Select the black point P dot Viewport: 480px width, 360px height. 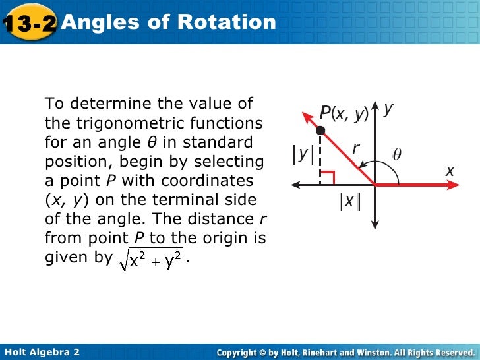(320, 131)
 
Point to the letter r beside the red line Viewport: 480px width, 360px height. (355, 149)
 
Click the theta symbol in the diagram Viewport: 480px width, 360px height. (397, 155)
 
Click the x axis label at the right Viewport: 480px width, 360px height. (450, 171)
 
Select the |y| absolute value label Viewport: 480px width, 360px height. (302, 154)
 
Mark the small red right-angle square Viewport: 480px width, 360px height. (330, 177)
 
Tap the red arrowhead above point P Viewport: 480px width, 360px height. (307, 119)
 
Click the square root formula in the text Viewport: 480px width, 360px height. (151, 261)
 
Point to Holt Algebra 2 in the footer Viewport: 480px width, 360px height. (42, 352)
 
